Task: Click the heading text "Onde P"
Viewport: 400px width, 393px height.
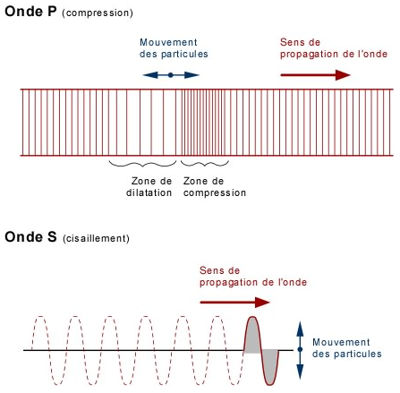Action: tap(30, 12)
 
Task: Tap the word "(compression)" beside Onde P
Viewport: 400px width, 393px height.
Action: tap(98, 13)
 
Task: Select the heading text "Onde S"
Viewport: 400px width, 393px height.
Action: tap(30, 237)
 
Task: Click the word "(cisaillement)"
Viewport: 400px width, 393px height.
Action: tap(96, 238)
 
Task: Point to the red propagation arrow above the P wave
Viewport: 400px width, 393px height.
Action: tap(315, 75)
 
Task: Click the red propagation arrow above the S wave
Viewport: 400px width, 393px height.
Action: tap(234, 303)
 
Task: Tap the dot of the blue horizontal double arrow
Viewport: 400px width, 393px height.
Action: tap(171, 75)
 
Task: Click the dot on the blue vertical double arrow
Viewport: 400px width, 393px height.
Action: tap(300, 349)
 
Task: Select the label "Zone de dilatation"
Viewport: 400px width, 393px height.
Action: tap(149, 187)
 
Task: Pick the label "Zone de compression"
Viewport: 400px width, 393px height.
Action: tap(215, 187)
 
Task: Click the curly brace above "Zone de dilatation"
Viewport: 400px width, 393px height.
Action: tap(142, 164)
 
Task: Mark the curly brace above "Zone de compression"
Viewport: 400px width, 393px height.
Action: tap(205, 164)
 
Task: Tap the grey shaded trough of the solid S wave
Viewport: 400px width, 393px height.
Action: tap(270, 365)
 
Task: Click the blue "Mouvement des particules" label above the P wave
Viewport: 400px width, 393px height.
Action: tap(174, 48)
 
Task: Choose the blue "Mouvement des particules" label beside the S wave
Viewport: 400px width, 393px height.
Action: tap(347, 348)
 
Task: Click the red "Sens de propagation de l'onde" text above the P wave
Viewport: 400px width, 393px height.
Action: tap(334, 48)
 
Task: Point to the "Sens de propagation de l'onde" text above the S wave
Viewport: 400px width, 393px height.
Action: tap(253, 277)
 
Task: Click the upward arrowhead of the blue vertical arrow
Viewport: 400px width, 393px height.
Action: tap(300, 329)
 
